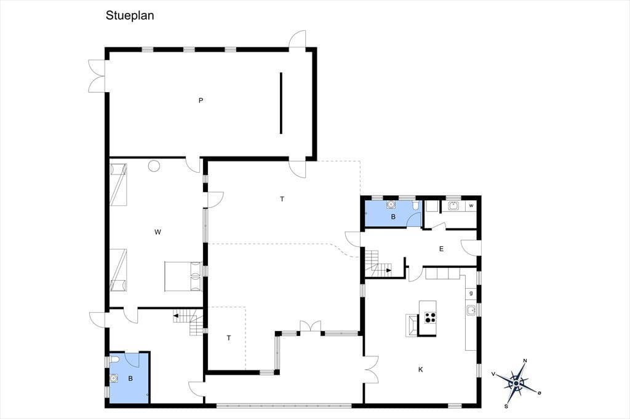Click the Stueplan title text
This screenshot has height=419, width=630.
tap(130, 15)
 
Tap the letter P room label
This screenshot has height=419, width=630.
tap(201, 100)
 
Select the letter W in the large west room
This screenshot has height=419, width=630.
tap(157, 232)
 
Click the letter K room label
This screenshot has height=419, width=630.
tap(421, 370)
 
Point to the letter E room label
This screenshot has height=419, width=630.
tap(441, 249)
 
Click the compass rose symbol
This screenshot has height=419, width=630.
tap(516, 384)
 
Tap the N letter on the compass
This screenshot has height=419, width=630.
tap(525, 361)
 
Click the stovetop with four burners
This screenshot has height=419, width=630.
tap(430, 318)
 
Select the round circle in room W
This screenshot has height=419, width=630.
tap(154, 166)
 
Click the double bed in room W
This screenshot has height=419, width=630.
tap(183, 276)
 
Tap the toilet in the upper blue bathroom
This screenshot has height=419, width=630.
tap(415, 205)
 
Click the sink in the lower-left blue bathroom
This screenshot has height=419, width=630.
tap(114, 378)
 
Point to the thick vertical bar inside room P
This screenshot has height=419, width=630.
tap(281, 103)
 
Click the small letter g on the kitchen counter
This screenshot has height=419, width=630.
tap(471, 293)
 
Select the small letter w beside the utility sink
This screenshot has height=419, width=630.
tap(471, 206)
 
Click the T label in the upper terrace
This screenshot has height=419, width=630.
tap(282, 199)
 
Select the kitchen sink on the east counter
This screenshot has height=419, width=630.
tap(471, 310)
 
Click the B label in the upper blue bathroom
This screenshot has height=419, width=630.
tap(393, 217)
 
